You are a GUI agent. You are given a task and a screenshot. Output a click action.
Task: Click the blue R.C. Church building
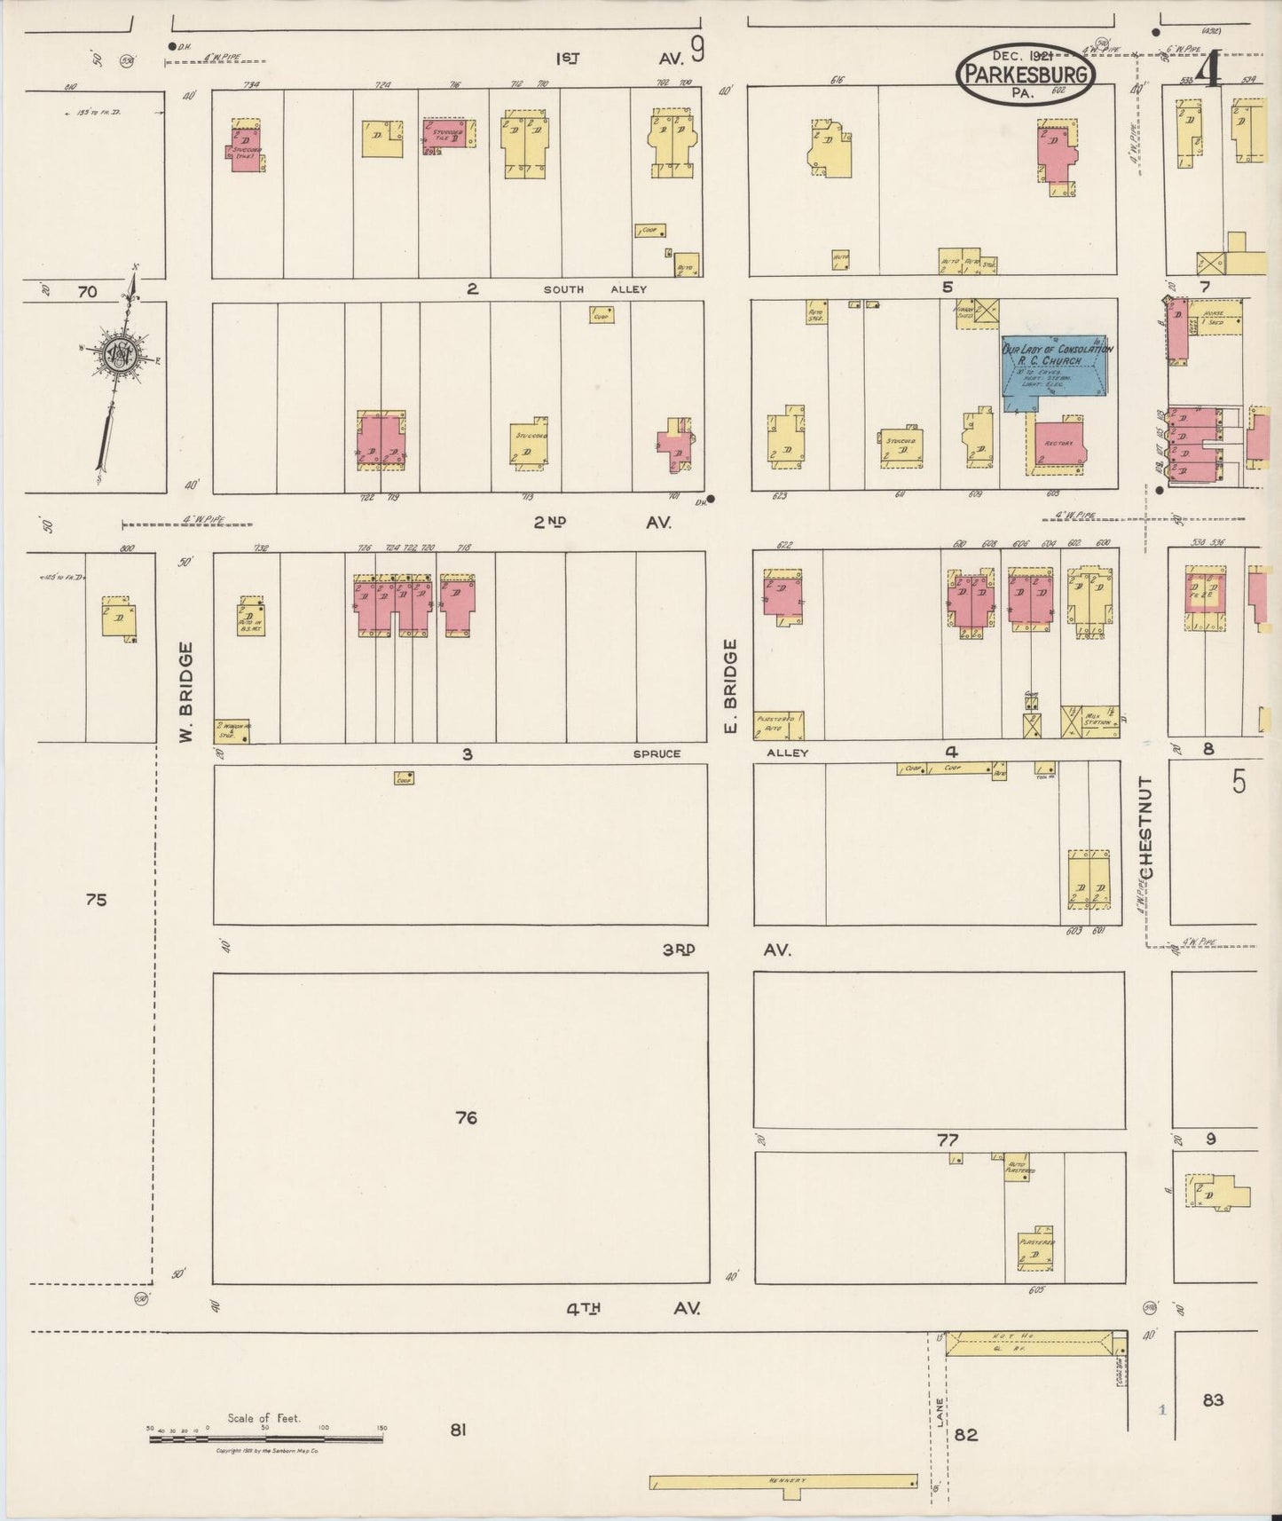(x=1057, y=371)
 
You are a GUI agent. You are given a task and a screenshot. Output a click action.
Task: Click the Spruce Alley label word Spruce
(x=657, y=753)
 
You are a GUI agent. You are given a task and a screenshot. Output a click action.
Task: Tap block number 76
(x=466, y=1118)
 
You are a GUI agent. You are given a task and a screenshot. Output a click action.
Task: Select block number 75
(x=96, y=900)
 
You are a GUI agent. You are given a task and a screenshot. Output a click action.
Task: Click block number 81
(x=458, y=1430)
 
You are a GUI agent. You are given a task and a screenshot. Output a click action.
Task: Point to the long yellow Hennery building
(x=783, y=1482)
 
